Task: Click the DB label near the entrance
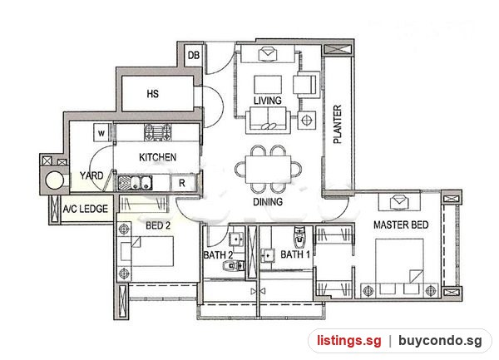pyautogui.click(x=194, y=56)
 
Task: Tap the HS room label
pyautogui.click(x=153, y=94)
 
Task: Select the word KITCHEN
pyautogui.click(x=157, y=157)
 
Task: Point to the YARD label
pyautogui.click(x=91, y=175)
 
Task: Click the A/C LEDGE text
pyautogui.click(x=86, y=209)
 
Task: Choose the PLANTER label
pyautogui.click(x=338, y=124)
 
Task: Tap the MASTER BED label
pyautogui.click(x=401, y=224)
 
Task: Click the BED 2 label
pyautogui.click(x=158, y=225)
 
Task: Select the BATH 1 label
pyautogui.click(x=295, y=254)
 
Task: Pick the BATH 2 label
pyautogui.click(x=218, y=255)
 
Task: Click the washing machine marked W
pyautogui.click(x=101, y=132)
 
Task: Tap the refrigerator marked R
pyautogui.click(x=181, y=183)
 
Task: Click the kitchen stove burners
pyautogui.click(x=158, y=132)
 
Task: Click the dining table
pyautogui.click(x=269, y=169)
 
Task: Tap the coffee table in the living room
pyautogui.click(x=268, y=85)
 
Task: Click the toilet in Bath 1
pyautogui.click(x=299, y=237)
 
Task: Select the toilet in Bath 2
pyautogui.click(x=234, y=265)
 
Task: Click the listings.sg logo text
pyautogui.click(x=348, y=341)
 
